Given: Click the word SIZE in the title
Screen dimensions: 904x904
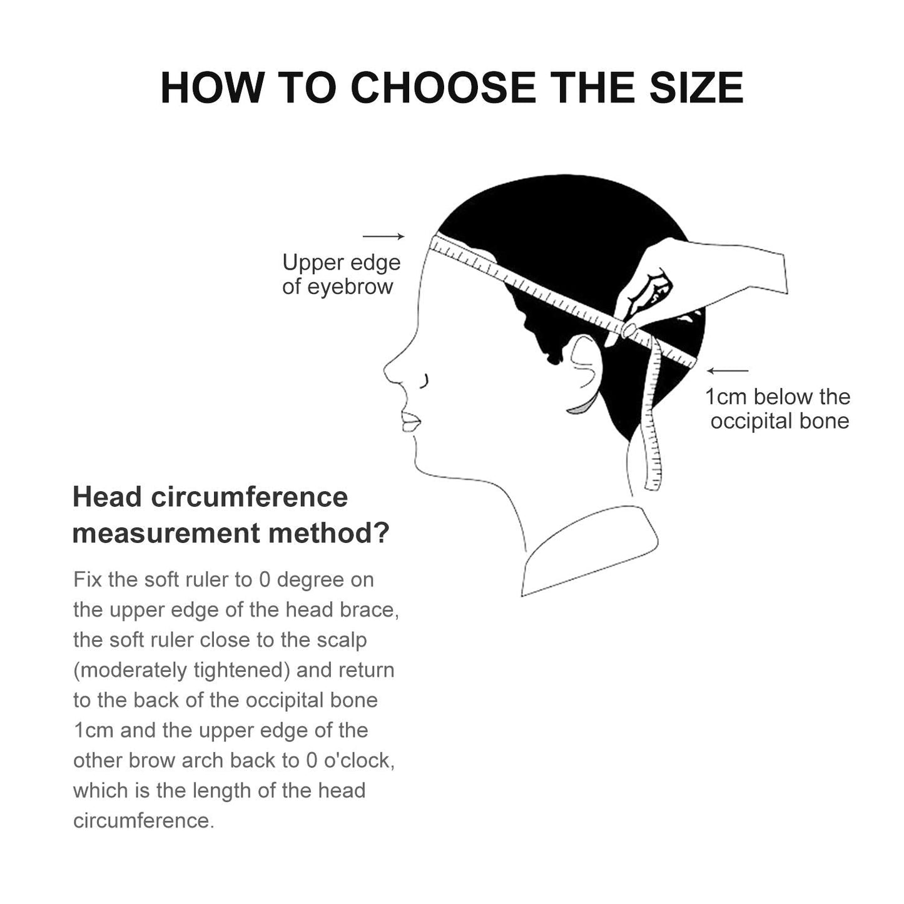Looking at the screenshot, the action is [x=697, y=88].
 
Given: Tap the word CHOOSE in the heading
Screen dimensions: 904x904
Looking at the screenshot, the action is [x=443, y=88].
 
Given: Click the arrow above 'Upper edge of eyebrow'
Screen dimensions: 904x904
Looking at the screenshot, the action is [x=383, y=236].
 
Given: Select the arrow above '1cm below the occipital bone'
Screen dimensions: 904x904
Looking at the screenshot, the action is [x=728, y=370].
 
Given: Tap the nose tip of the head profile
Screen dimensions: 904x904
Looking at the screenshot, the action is [x=385, y=370].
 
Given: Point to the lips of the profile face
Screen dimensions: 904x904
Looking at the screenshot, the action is [x=410, y=421].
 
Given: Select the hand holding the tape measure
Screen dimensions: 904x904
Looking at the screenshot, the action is [x=699, y=282].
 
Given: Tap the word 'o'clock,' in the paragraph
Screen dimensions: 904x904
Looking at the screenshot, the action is [x=359, y=761].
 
